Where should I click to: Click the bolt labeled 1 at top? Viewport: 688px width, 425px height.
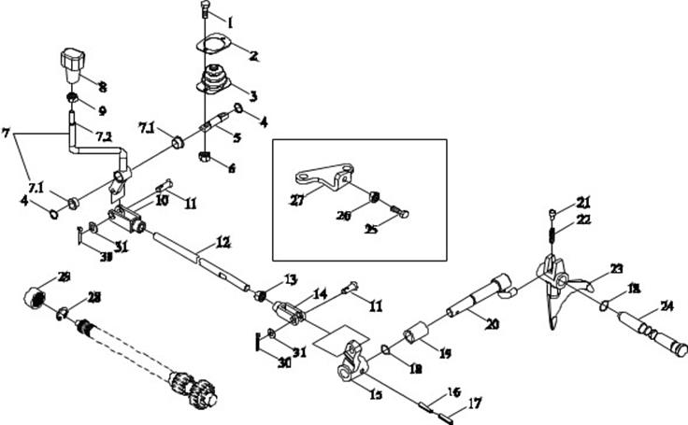[x=206, y=11]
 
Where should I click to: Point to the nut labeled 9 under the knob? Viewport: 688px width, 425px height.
[x=72, y=97]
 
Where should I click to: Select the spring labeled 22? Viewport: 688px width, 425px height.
[x=552, y=234]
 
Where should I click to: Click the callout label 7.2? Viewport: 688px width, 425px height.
[x=103, y=137]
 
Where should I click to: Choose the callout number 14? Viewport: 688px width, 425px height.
[x=320, y=293]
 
